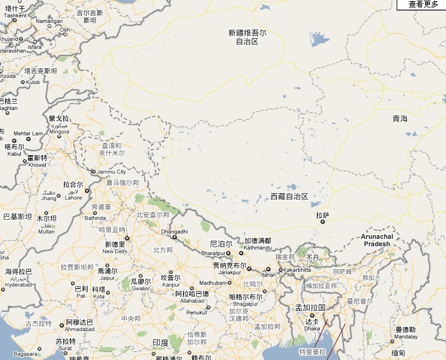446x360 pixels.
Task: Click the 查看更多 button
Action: (425, 4)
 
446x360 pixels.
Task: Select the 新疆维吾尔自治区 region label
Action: (247, 37)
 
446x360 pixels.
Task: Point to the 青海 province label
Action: (400, 119)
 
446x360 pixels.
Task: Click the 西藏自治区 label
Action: (289, 196)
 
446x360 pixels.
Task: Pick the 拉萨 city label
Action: (323, 216)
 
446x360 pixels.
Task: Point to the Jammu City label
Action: (112, 171)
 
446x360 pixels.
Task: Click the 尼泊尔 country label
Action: (221, 244)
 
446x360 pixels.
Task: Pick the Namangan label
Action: (49, 21)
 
